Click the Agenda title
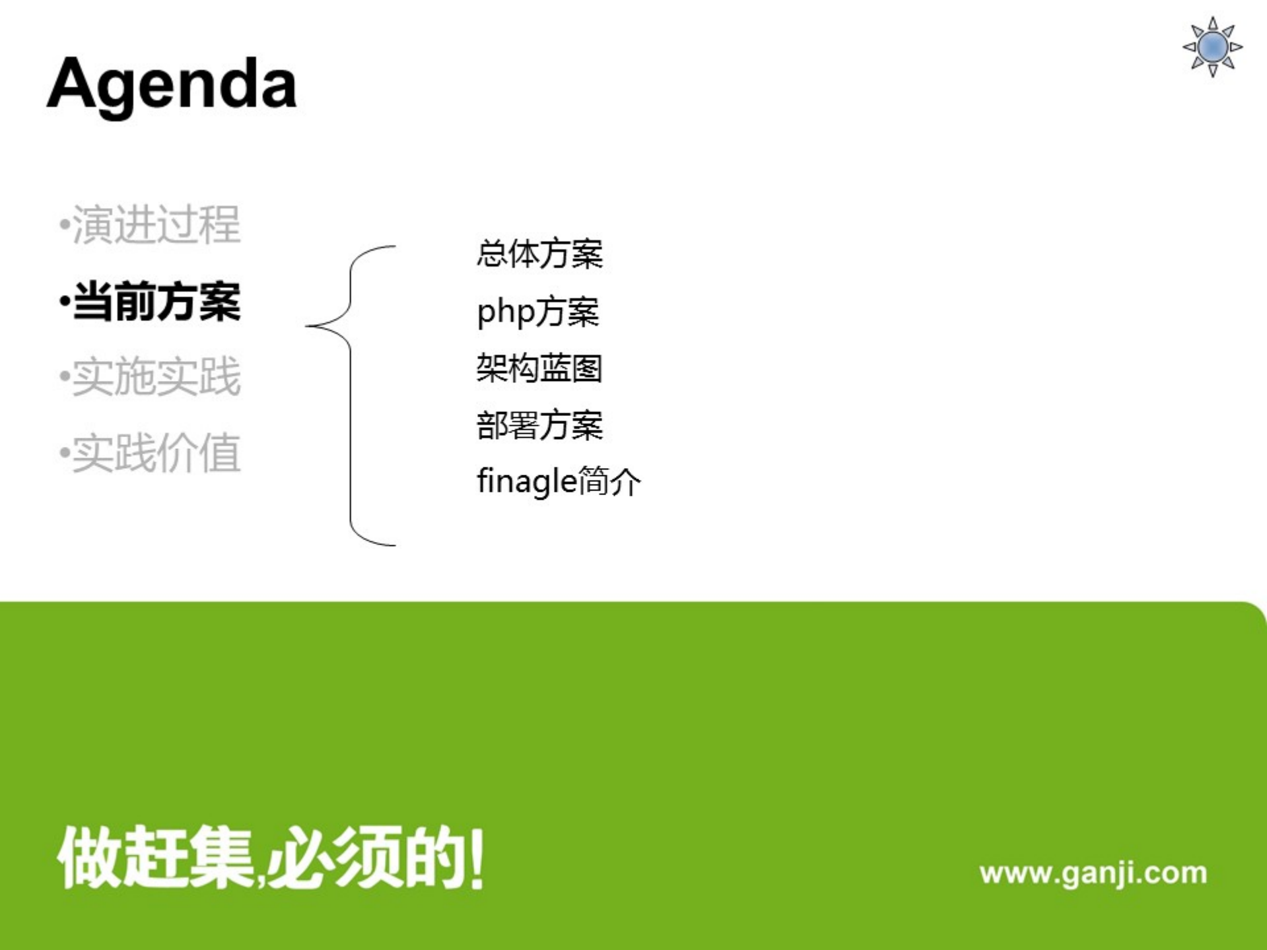[x=172, y=85]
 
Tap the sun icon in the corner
[x=1212, y=47]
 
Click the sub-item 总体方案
[x=539, y=254]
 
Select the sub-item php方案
[x=537, y=312]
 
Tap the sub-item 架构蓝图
[x=539, y=368]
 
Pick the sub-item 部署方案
[x=539, y=425]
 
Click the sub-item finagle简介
[x=558, y=481]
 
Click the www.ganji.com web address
[x=1093, y=873]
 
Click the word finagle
[x=526, y=482]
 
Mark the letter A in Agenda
[x=71, y=83]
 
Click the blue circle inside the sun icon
[x=1212, y=47]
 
